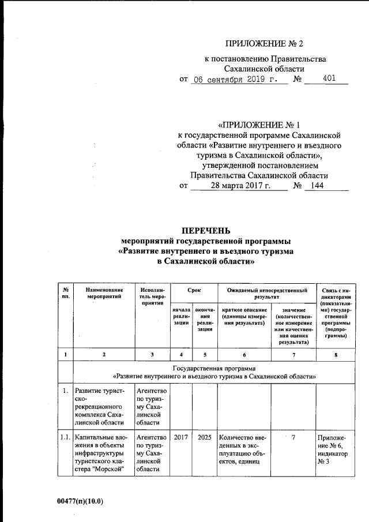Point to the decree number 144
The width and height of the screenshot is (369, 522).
pyautogui.click(x=318, y=186)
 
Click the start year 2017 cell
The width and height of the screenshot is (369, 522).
pyautogui.click(x=181, y=438)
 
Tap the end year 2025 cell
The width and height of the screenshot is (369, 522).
pyautogui.click(x=204, y=438)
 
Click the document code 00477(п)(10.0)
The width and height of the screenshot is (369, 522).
pyautogui.click(x=80, y=501)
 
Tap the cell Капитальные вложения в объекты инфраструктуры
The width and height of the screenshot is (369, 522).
pyautogui.click(x=104, y=455)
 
